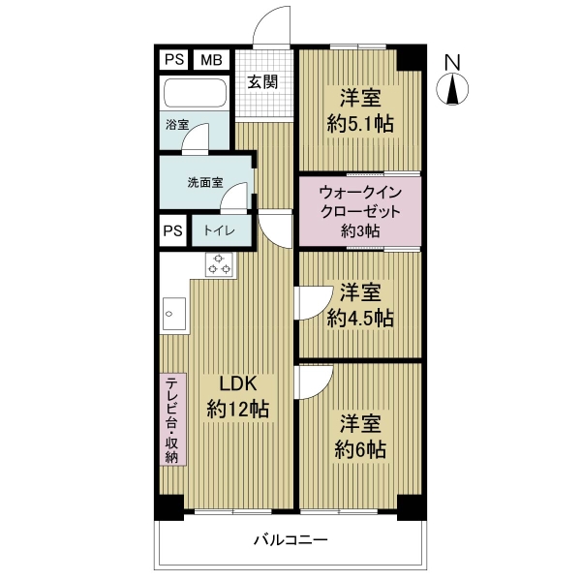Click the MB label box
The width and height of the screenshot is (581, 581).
click(211, 60)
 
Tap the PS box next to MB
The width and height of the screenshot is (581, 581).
click(174, 59)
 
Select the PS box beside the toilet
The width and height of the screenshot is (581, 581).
click(173, 230)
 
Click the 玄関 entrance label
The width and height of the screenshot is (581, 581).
click(262, 82)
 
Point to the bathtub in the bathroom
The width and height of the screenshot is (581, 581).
click(195, 93)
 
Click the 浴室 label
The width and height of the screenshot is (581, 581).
click(177, 125)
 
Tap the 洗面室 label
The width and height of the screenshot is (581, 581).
click(205, 182)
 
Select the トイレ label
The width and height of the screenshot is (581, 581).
click(220, 230)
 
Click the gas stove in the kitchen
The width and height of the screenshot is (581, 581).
click(219, 264)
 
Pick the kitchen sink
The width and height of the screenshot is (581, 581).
click(174, 314)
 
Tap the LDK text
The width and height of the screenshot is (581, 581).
click(238, 383)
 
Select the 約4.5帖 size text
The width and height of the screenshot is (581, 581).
click(360, 318)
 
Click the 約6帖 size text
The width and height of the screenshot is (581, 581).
click(360, 449)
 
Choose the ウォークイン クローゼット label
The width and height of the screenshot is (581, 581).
click(360, 202)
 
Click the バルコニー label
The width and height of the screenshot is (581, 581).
click(290, 540)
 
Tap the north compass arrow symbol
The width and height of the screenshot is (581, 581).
click(452, 89)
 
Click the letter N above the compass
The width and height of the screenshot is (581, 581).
click(452, 63)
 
